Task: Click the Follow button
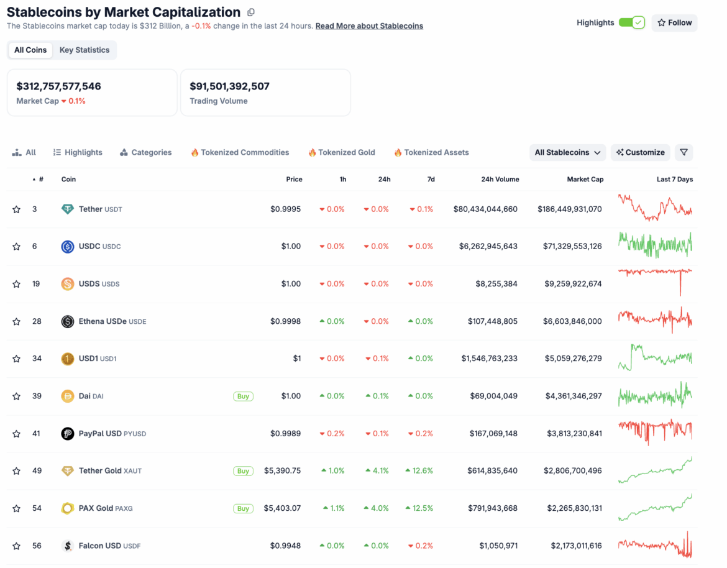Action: click(x=674, y=23)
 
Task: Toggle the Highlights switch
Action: click(x=631, y=23)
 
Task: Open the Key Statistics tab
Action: click(x=85, y=50)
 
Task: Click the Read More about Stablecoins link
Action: click(x=369, y=26)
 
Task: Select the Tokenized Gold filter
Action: click(x=342, y=152)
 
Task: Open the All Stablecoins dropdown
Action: click(x=567, y=152)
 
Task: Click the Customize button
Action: click(x=640, y=152)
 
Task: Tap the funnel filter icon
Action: click(x=684, y=152)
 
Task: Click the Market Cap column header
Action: click(x=585, y=180)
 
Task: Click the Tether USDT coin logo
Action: click(x=67, y=209)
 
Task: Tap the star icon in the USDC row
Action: click(x=17, y=247)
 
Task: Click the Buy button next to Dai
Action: click(x=243, y=396)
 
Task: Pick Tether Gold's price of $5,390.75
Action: click(x=282, y=471)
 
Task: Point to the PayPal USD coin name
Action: click(x=100, y=434)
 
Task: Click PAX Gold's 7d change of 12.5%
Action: click(x=419, y=508)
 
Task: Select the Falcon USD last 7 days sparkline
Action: click(x=655, y=545)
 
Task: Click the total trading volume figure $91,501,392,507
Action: click(x=229, y=86)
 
